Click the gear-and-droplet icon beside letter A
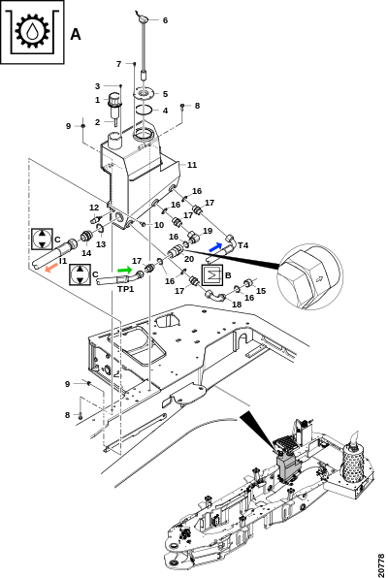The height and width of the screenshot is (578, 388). click(32, 31)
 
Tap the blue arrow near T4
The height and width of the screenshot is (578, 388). click(215, 246)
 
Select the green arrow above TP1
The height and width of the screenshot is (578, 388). click(125, 271)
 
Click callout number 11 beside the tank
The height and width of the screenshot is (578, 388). click(192, 165)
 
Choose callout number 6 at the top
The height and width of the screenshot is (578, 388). click(165, 20)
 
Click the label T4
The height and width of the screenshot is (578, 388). click(243, 245)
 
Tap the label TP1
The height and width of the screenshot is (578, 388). click(126, 289)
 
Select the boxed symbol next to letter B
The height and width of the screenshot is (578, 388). click(211, 275)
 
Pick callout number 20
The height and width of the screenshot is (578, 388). click(189, 259)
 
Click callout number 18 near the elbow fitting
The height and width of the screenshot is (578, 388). click(237, 305)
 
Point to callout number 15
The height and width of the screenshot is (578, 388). click(261, 291)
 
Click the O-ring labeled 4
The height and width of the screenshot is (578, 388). click(144, 110)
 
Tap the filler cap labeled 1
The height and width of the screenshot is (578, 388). click(113, 101)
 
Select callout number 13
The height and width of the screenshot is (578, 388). click(101, 244)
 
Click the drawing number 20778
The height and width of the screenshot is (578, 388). click(381, 564)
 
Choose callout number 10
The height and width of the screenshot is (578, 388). click(159, 225)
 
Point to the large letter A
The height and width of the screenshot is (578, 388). click(76, 34)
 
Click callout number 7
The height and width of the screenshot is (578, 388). click(118, 64)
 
